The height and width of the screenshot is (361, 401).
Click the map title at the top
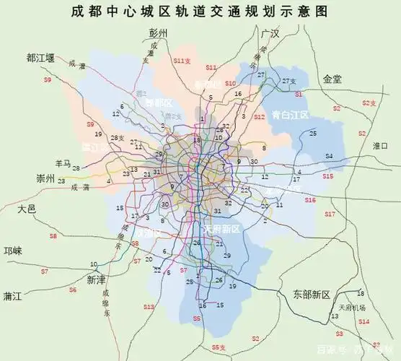[200, 12]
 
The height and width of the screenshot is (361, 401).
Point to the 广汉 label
[270, 35]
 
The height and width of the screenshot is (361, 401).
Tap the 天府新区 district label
[220, 229]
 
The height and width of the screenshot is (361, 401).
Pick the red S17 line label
[330, 214]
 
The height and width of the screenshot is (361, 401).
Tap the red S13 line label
[148, 307]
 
